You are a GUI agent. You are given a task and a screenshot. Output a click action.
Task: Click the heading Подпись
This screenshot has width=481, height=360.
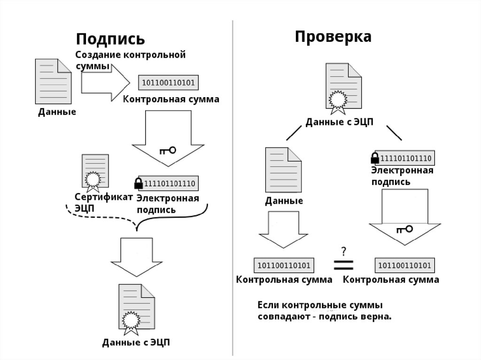(x=110, y=38)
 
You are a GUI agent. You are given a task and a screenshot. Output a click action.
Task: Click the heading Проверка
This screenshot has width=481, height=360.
(x=333, y=37)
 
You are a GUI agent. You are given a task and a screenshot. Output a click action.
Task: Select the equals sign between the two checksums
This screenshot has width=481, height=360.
(x=343, y=264)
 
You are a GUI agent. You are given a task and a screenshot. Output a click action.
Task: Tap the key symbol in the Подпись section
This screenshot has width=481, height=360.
(x=167, y=150)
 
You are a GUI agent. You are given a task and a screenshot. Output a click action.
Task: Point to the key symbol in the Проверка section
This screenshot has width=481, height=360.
(x=404, y=229)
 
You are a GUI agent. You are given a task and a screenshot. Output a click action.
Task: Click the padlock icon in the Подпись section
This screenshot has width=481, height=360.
(x=139, y=183)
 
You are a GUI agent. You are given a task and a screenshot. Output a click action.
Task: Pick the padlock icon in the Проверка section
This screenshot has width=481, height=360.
(x=375, y=157)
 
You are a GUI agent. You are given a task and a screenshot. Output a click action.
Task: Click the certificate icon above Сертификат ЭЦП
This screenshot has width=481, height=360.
(x=94, y=173)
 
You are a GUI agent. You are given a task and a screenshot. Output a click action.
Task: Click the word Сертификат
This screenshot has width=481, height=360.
(x=103, y=198)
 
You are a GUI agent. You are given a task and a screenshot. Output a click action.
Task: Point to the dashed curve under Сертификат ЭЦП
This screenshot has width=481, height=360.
(x=99, y=221)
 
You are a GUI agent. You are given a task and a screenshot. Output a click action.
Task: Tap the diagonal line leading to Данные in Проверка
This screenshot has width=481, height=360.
(x=295, y=133)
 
